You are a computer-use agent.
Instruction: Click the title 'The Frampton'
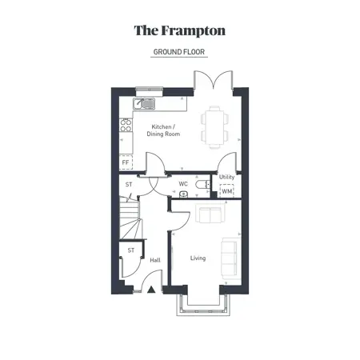click(179, 31)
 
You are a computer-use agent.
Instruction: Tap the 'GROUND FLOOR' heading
click(179, 52)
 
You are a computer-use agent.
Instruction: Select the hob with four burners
click(125, 126)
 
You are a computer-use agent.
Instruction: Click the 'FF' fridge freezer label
click(126, 162)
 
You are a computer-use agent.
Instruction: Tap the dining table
click(214, 126)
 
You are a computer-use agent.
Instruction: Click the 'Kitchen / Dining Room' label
click(163, 130)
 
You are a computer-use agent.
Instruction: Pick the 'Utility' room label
click(226, 177)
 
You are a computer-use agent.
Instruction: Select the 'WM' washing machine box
click(226, 190)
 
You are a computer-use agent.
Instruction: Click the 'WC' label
click(183, 183)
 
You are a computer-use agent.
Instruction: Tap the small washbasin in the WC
click(184, 194)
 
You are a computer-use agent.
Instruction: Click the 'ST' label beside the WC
click(129, 185)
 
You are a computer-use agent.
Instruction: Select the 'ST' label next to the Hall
click(131, 250)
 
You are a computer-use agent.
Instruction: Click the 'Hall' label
click(154, 260)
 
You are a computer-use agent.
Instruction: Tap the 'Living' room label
click(198, 258)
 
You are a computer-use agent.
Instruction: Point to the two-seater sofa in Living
click(210, 215)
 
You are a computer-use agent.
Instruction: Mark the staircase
click(130, 220)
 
